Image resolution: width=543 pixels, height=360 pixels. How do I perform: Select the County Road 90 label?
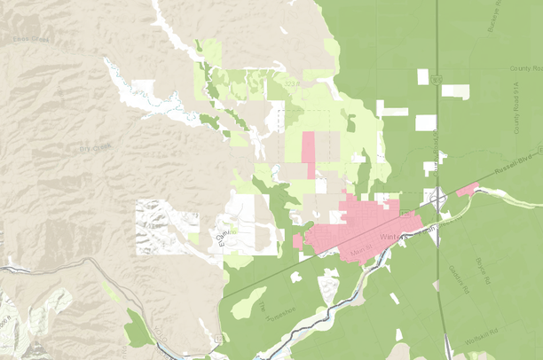click(x=524, y=68)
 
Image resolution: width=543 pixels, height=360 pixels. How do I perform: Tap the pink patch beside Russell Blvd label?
click(x=468, y=188)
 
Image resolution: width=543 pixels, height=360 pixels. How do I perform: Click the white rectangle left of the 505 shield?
click(x=422, y=77)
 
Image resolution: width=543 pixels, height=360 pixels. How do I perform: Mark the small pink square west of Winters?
click(x=297, y=241)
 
